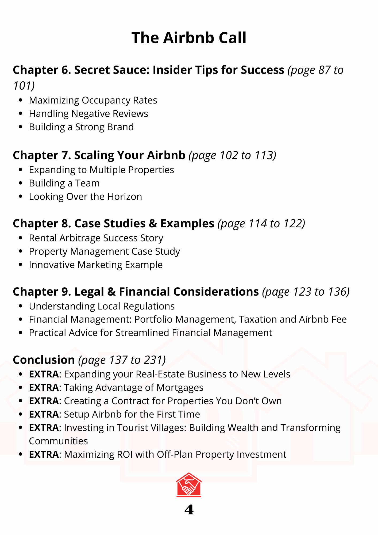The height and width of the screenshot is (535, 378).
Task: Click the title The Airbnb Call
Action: (x=189, y=38)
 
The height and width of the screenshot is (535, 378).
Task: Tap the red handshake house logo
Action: (x=189, y=485)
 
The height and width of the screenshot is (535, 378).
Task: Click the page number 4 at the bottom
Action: (x=189, y=510)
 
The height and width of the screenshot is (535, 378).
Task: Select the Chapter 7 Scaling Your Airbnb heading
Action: (x=99, y=155)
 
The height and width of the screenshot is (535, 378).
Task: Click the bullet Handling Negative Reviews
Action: (x=88, y=114)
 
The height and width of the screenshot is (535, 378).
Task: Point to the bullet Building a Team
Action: (x=64, y=183)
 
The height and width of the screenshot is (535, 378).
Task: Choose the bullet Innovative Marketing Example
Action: (x=96, y=265)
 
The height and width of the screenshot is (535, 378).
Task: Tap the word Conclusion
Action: (x=44, y=360)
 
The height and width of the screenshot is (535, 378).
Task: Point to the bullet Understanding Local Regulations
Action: (x=102, y=306)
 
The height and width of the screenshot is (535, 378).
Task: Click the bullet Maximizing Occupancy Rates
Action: (x=93, y=100)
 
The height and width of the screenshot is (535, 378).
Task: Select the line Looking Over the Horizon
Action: (x=85, y=197)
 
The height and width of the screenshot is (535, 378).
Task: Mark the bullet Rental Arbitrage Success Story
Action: (x=96, y=238)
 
